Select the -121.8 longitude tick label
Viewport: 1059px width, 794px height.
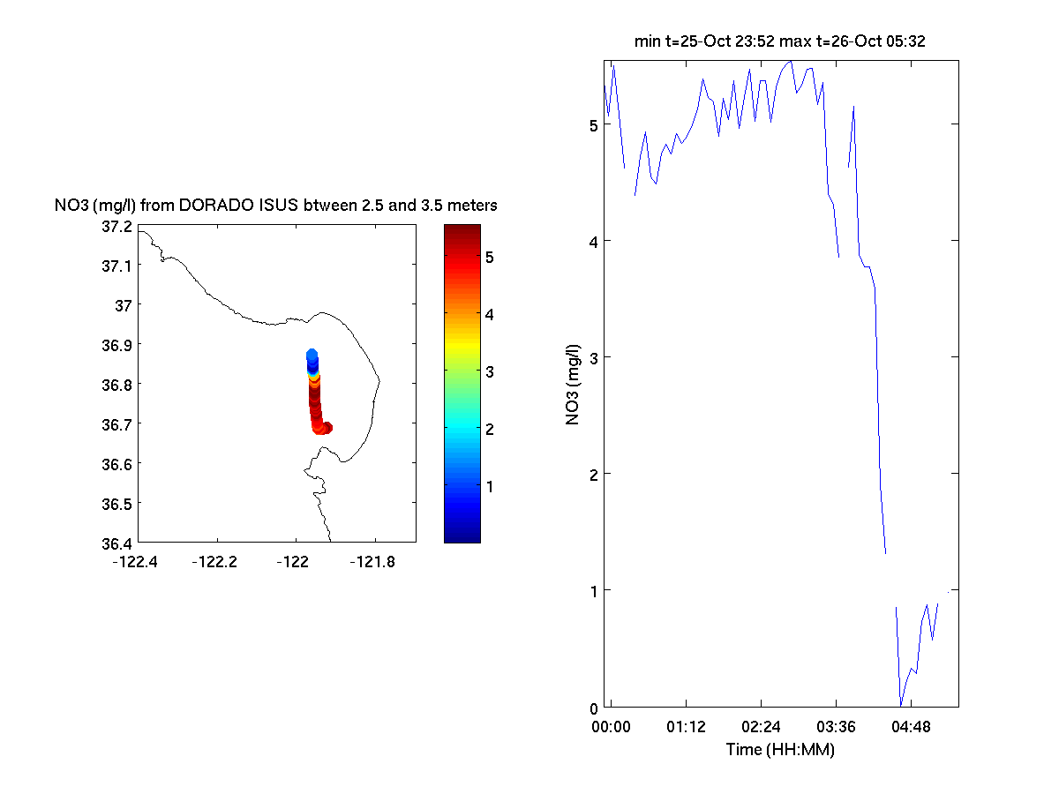(373, 561)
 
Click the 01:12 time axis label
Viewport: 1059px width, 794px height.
(686, 728)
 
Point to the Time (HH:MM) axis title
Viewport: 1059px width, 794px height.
(780, 750)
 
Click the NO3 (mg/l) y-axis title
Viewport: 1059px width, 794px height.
(573, 384)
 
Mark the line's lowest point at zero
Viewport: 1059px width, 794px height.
(901, 705)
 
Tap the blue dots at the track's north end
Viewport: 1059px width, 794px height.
(312, 357)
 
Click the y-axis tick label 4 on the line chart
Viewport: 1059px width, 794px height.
(594, 241)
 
